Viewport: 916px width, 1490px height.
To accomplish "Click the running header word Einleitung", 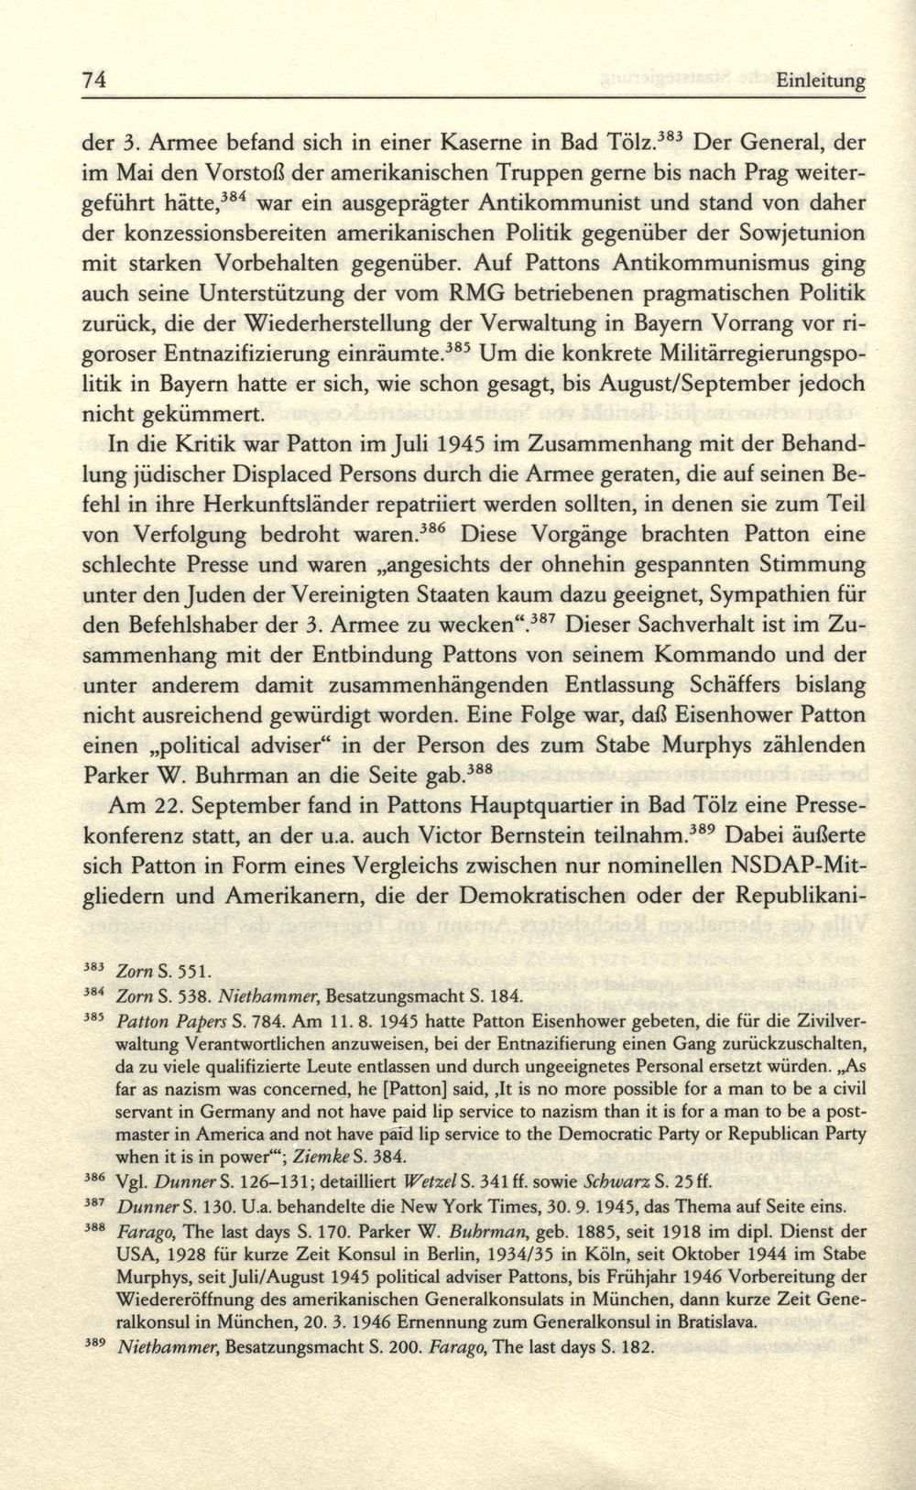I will [x=821, y=82].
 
